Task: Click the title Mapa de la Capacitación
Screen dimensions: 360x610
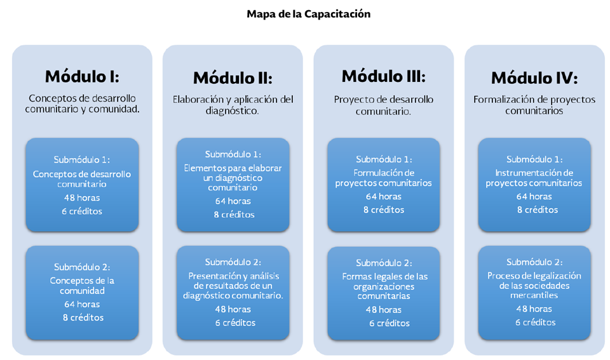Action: (309, 14)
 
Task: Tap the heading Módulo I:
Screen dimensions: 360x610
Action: (82, 76)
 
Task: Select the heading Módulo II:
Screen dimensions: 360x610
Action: (233, 78)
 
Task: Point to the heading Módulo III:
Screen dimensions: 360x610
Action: (383, 76)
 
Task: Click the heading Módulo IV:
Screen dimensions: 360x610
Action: (534, 78)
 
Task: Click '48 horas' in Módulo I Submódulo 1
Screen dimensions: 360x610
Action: (82, 197)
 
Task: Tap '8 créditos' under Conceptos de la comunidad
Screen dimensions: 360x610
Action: (82, 317)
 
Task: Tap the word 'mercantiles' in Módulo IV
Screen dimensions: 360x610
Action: (534, 295)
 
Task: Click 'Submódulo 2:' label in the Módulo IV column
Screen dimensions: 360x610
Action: (534, 262)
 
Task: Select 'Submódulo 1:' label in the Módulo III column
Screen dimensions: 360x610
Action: (384, 159)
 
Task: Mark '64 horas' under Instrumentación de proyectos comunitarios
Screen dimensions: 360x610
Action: (534, 196)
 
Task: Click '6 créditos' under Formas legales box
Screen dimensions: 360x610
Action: (390, 323)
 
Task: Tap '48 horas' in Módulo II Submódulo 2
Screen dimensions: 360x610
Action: (233, 309)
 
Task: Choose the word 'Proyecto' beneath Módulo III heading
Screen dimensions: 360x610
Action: (353, 99)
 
